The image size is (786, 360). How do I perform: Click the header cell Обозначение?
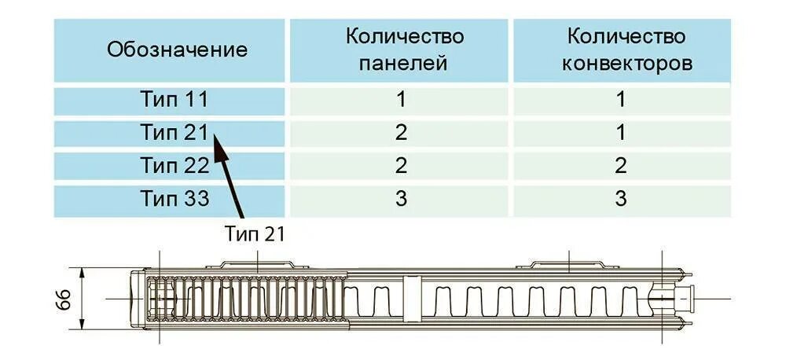click(177, 50)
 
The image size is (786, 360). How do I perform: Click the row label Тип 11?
click(175, 100)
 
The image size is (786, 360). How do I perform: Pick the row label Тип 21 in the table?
click(175, 133)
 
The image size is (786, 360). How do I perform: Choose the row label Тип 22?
click(175, 166)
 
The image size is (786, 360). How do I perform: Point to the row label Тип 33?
click(175, 199)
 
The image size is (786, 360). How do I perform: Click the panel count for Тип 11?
click(402, 100)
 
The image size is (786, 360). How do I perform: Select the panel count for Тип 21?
click(402, 133)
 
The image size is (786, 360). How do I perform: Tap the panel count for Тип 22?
click(402, 166)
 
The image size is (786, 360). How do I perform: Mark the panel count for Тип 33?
click(402, 199)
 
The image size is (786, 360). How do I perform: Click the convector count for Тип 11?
click(621, 100)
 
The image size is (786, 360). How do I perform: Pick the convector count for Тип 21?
click(621, 133)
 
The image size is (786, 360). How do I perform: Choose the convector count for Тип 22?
click(621, 166)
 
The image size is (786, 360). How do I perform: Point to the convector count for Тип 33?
click(621, 199)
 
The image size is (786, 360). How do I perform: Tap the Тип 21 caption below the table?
click(253, 233)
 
